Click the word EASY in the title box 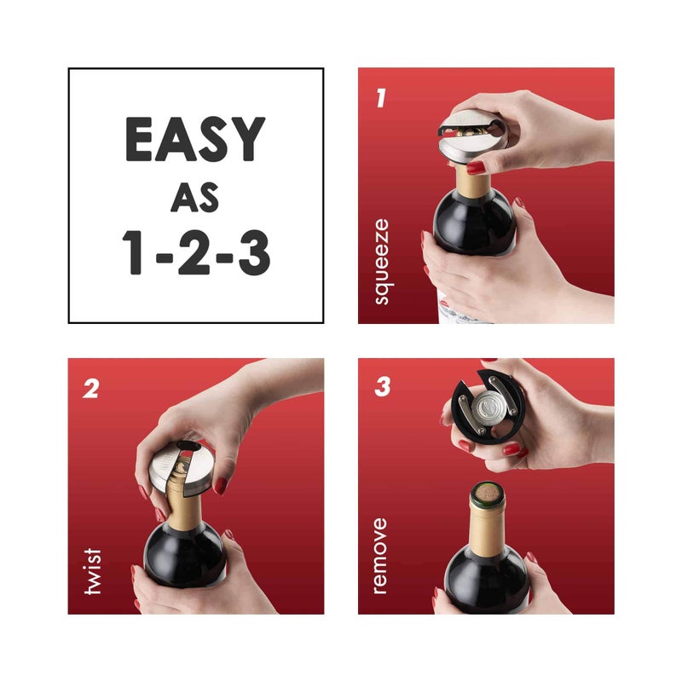coord(195,139)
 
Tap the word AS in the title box coord(195,198)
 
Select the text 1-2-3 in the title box coord(195,253)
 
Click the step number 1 coord(380,97)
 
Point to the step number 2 coord(90,388)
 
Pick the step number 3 coord(382,388)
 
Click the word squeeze coord(380,262)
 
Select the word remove coord(380,555)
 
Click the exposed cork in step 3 coord(486,494)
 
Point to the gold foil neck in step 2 coord(182,507)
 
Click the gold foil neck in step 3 coord(486,524)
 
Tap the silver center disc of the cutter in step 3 coord(487,406)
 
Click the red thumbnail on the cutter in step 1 coord(475,167)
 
